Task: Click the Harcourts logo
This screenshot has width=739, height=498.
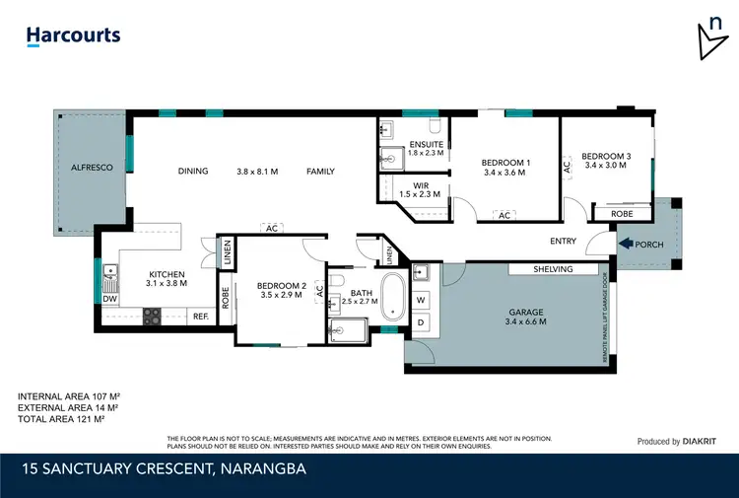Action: (73, 36)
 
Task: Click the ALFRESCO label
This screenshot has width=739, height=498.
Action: (92, 168)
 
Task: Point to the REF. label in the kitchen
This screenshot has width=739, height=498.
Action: (200, 317)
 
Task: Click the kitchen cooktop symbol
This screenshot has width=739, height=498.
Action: (153, 317)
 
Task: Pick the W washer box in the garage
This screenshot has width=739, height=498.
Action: (421, 300)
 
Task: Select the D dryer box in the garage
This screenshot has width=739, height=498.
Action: (421, 321)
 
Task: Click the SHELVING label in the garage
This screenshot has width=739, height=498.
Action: (554, 268)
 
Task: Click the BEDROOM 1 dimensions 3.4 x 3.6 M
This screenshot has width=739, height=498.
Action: (505, 173)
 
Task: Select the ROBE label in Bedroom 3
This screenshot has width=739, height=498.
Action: (622, 214)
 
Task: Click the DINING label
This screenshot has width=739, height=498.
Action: (193, 172)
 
